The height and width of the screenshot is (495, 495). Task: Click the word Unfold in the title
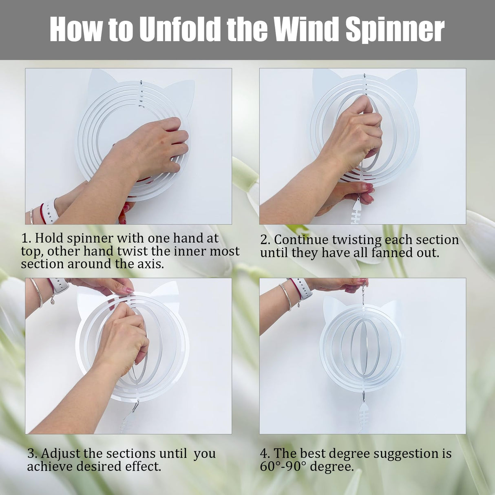180,29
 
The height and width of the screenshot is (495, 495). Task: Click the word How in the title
76,29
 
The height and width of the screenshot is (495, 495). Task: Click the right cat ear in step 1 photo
179,96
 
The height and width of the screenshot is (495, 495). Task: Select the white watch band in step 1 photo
50,211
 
